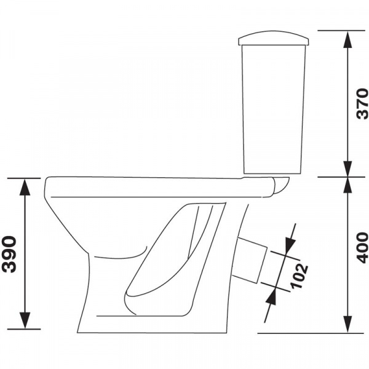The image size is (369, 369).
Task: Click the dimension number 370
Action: coord(362,103)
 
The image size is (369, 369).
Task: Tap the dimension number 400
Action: coord(362,248)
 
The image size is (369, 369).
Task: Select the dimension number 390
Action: coord(9,254)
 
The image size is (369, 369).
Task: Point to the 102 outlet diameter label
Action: coord(299,276)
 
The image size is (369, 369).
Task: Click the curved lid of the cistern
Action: coord(274,38)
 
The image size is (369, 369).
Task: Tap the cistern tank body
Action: coord(274,109)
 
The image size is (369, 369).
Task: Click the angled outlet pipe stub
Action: coord(250,260)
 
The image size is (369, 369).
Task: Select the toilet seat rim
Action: coord(160,187)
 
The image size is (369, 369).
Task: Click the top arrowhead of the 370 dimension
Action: coord(348,39)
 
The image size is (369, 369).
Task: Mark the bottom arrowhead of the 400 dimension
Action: coord(348,325)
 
